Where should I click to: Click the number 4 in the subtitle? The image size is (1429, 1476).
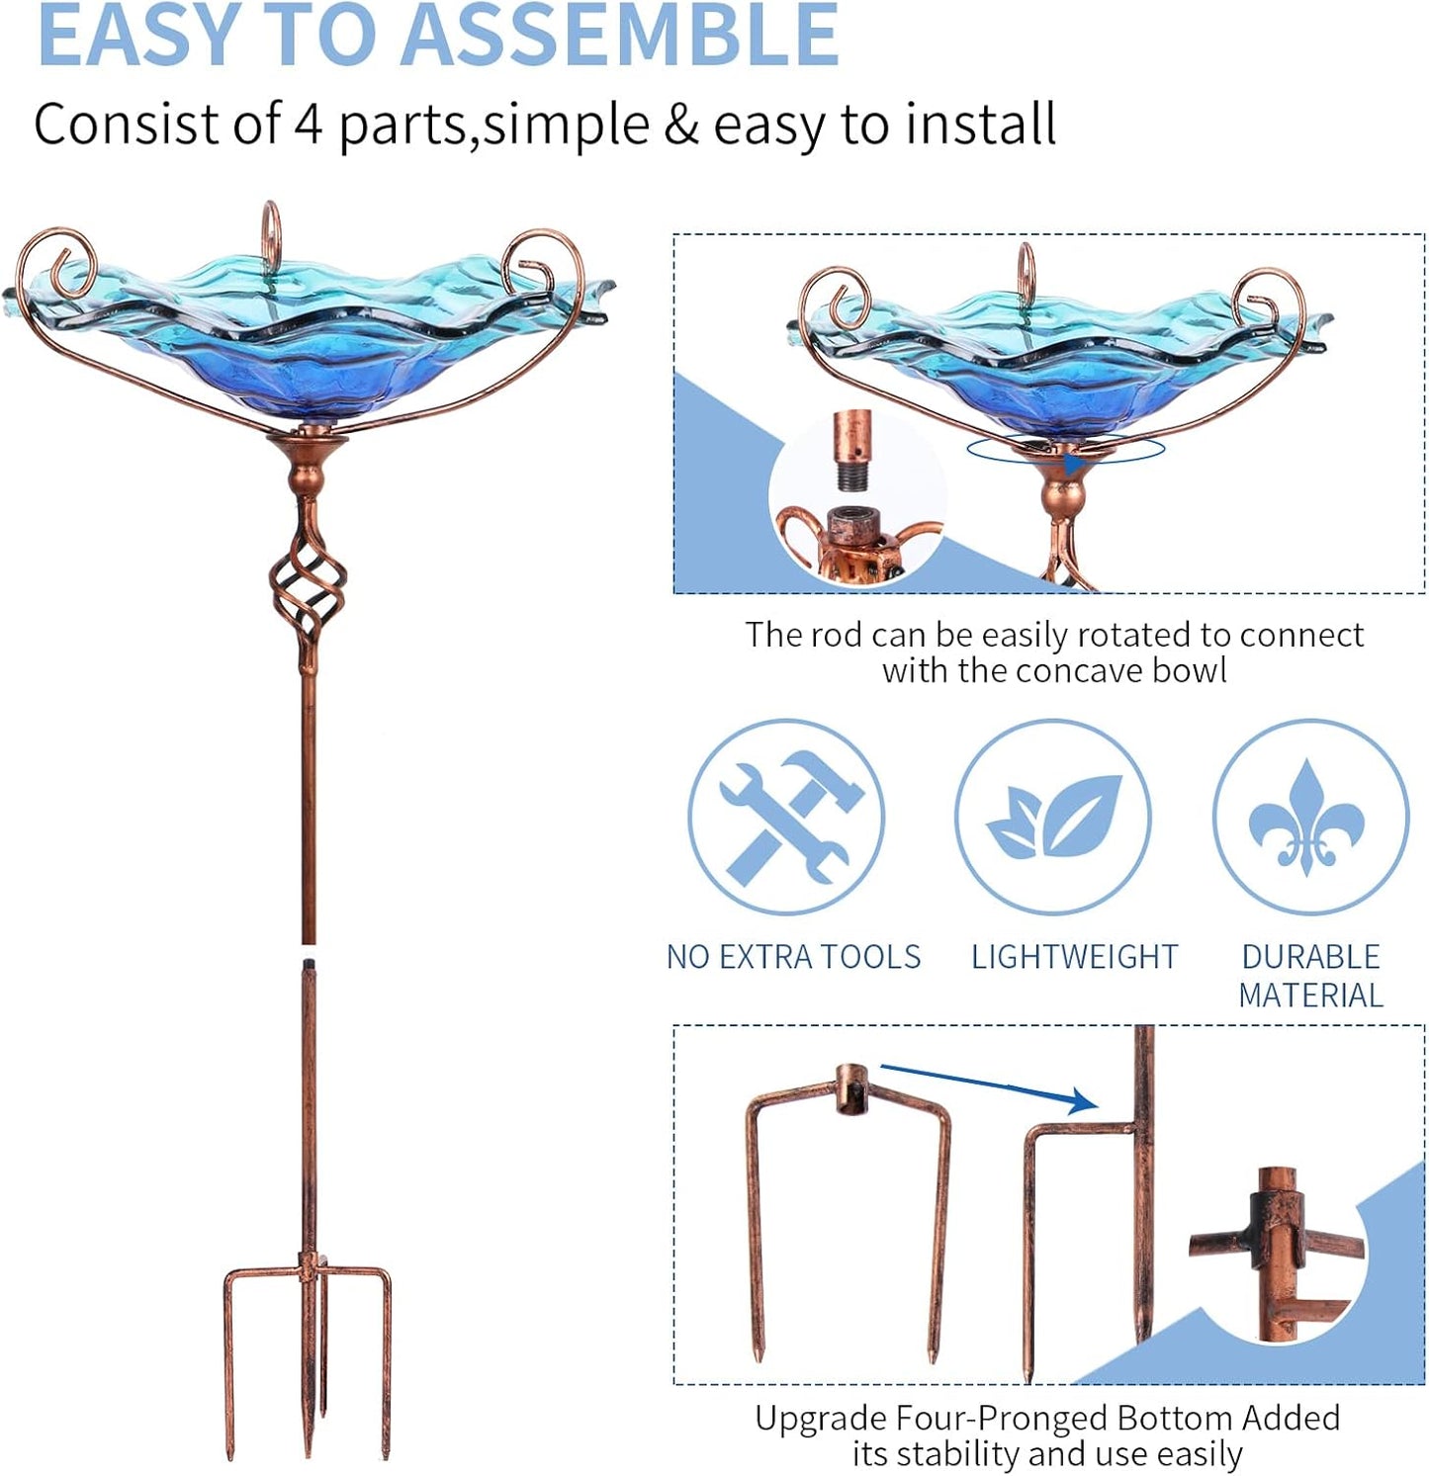(308, 126)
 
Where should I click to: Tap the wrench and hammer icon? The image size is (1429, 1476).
(786, 817)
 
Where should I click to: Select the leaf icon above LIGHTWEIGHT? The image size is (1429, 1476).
(1053, 817)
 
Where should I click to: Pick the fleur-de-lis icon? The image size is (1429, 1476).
(1307, 817)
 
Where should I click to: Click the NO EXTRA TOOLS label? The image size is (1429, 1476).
(793, 957)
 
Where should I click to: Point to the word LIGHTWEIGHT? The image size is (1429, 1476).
(1074, 957)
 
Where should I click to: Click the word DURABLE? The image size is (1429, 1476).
(1310, 957)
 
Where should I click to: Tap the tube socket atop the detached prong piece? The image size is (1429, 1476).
(850, 1087)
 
